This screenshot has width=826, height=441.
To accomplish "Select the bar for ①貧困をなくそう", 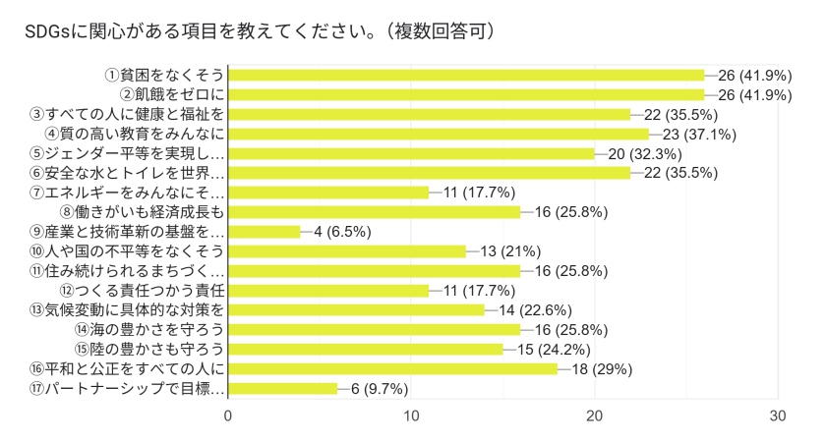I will tap(467, 75).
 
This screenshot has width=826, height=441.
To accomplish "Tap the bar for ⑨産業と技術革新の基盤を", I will tap(265, 232).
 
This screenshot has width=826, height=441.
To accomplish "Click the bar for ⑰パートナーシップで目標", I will tap(283, 389).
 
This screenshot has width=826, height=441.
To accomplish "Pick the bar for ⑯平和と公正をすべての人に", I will tap(393, 369).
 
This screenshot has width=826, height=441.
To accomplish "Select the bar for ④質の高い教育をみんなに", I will tap(439, 134).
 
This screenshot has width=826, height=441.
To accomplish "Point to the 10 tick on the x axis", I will tap(412, 415).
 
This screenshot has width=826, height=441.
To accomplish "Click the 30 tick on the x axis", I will tap(778, 415).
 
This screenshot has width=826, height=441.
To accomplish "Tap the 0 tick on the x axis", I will tap(229, 415).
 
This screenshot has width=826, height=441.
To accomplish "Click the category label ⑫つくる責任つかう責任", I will tap(143, 291).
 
